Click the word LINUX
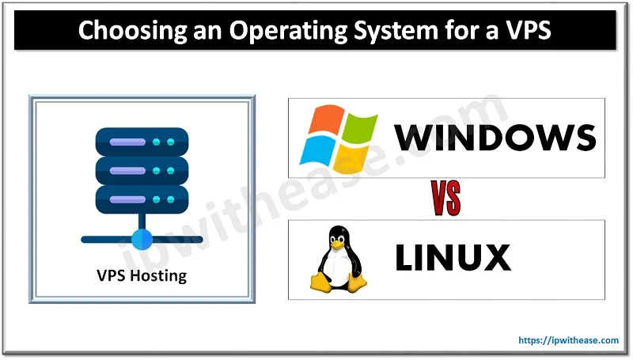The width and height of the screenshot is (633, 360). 453,258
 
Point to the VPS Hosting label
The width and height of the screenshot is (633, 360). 142,276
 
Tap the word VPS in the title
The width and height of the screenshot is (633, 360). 528,32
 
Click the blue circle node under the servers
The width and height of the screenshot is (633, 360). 142,237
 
